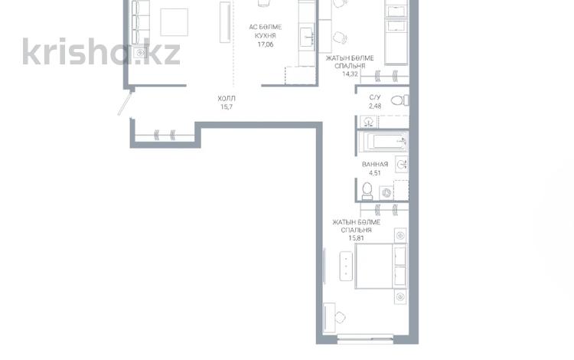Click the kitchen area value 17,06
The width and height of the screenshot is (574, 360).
266,44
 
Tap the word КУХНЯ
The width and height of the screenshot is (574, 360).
266,35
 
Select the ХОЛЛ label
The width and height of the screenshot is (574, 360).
227,99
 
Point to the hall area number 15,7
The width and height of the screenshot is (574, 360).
227,107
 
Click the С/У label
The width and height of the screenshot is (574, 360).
375,97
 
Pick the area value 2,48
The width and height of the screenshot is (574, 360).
375,106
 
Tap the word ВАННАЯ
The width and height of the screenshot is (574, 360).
375,165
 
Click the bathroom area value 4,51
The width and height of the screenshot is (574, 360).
375,173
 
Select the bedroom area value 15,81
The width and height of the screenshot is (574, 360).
356,238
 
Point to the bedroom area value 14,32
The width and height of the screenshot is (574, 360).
350,74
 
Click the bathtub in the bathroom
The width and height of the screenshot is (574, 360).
383,142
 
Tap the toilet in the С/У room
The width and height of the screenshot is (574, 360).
400,100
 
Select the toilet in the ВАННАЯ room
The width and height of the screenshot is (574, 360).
367,191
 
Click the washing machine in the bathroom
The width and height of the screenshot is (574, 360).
386,193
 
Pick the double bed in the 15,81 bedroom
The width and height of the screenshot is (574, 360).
381,266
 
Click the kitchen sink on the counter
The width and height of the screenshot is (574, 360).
306,37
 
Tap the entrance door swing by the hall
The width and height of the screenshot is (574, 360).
126,103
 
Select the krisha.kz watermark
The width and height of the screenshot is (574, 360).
101,51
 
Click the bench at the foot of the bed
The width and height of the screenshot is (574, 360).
346,267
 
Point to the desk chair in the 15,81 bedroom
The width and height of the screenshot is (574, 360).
340,317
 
